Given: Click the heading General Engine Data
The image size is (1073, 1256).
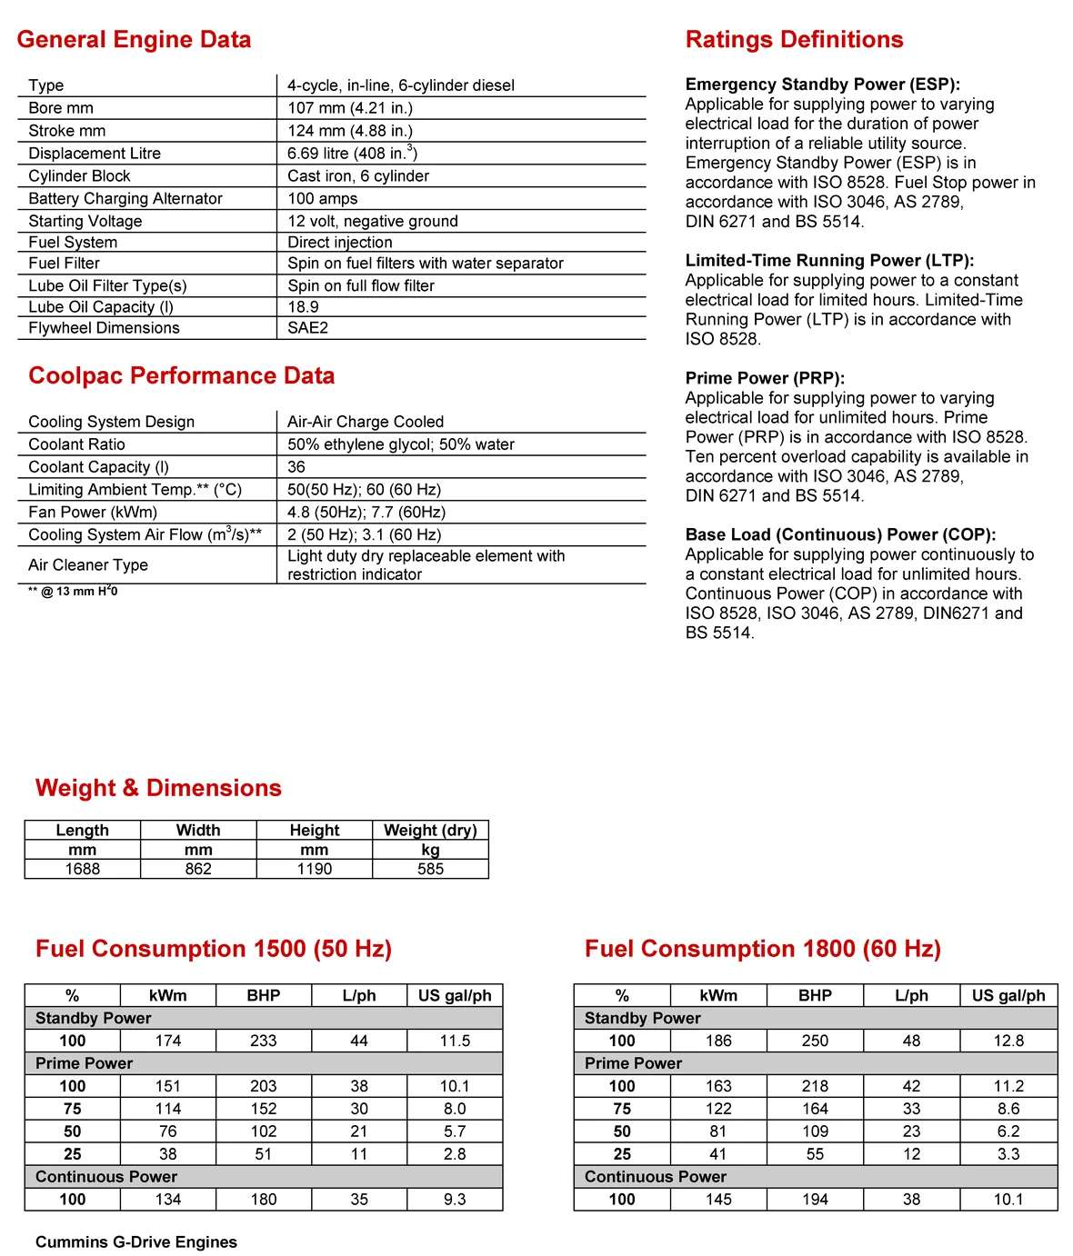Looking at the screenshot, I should pyautogui.click(x=134, y=40).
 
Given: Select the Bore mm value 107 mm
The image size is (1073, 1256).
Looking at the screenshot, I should pyautogui.click(x=350, y=108).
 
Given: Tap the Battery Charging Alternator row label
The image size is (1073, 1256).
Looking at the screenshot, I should pyautogui.click(x=125, y=199).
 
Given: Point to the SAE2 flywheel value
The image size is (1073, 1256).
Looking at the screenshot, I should pyautogui.click(x=307, y=328).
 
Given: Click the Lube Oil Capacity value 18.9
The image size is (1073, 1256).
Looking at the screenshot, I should pyautogui.click(x=303, y=307).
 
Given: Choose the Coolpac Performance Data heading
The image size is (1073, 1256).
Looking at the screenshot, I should pyautogui.click(x=181, y=376).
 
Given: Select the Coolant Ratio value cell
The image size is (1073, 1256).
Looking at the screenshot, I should pyautogui.click(x=401, y=444).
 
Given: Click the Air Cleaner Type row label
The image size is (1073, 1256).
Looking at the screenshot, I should pyautogui.click(x=88, y=565).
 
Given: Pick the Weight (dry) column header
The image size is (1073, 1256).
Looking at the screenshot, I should pyautogui.click(x=430, y=830).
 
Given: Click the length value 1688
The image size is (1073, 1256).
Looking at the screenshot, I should pyautogui.click(x=82, y=869).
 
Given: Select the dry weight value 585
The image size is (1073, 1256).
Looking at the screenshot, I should pyautogui.click(x=430, y=869).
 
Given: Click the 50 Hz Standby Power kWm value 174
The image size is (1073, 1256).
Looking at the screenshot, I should pyautogui.click(x=168, y=1041).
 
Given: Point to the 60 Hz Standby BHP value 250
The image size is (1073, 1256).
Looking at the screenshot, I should pyautogui.click(x=815, y=1041).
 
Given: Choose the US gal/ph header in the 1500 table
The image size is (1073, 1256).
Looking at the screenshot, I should pyautogui.click(x=455, y=995).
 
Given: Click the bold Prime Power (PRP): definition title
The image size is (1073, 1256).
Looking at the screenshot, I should pyautogui.click(x=765, y=378).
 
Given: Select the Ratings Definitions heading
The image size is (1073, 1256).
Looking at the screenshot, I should pyautogui.click(x=794, y=40).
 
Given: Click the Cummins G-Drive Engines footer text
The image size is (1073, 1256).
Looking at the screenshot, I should pyautogui.click(x=136, y=1242).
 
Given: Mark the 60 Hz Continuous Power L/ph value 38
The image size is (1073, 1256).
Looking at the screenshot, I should pyautogui.click(x=911, y=1200).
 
